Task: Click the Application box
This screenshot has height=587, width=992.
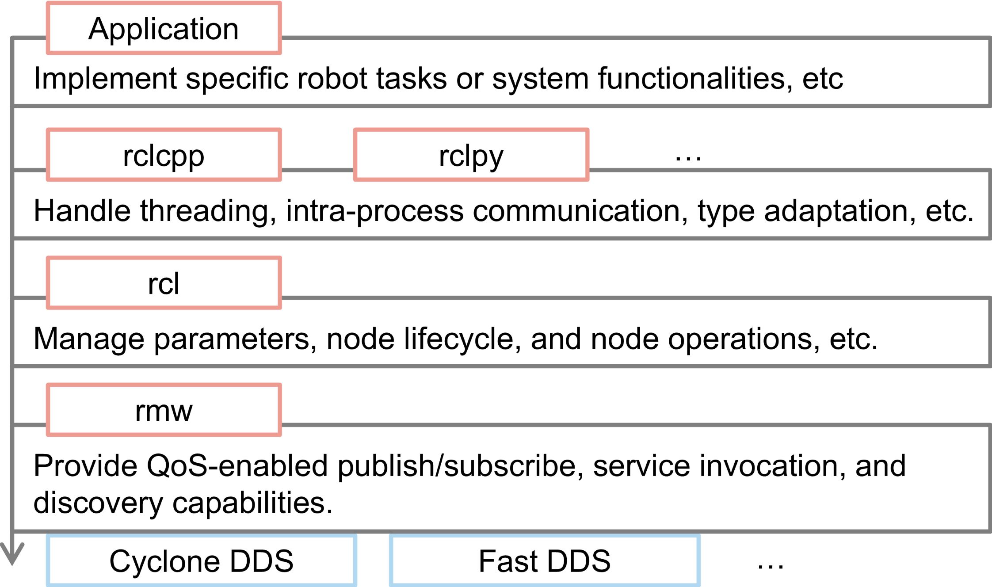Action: (164, 28)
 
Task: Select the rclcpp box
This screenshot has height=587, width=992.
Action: (164, 155)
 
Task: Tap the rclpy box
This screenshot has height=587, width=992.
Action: (471, 155)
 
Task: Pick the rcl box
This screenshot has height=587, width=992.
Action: (164, 283)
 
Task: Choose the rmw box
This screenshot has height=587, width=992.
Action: (164, 410)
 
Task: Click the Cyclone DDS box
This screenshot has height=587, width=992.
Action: (202, 561)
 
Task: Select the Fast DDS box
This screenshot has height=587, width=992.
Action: (545, 561)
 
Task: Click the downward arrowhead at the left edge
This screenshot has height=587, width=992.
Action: (12, 554)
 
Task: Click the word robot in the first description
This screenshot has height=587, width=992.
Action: (332, 79)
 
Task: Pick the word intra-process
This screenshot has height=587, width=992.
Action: (375, 211)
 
